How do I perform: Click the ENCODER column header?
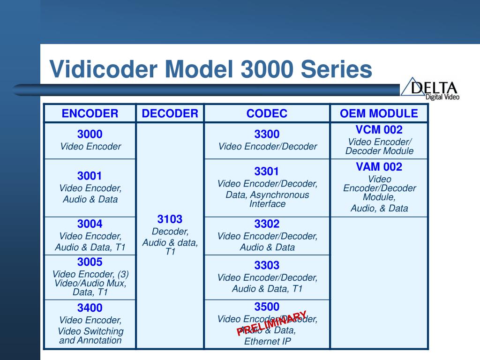pos(90,113)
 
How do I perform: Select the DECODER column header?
pos(170,113)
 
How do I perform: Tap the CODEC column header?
pos(267,113)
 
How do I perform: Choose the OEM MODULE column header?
pos(379,113)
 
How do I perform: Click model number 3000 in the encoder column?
pos(90,135)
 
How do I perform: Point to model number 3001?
pos(90,176)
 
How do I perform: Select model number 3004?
pos(90,224)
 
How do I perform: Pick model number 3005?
pos(90,262)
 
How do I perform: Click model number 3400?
pos(90,308)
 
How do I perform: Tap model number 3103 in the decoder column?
pos(170,219)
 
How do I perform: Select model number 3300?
pos(267,135)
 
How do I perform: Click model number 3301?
pos(267,172)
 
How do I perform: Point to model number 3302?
pos(267,224)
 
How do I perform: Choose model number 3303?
pos(267,265)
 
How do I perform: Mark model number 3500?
pos(267,307)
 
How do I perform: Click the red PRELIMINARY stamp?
pos(272,323)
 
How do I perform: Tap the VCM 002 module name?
pos(379,130)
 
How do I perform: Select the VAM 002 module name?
pos(379,167)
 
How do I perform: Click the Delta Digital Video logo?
pos(430,89)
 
